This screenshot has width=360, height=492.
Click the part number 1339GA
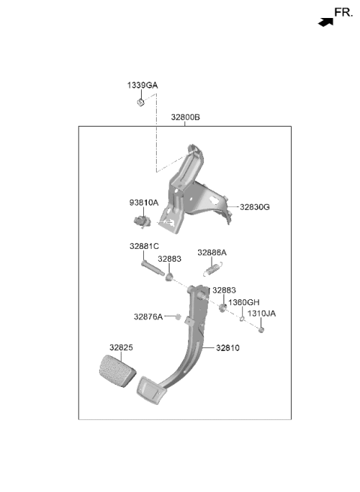[x=142, y=85]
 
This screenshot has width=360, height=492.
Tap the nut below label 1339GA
[x=141, y=102]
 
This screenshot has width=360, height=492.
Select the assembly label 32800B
[x=185, y=117]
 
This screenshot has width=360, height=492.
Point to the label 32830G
[x=254, y=207]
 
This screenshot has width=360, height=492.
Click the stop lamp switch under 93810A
[x=142, y=221]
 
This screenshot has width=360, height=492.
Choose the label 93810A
[x=144, y=202]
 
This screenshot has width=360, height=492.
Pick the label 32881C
[x=144, y=246]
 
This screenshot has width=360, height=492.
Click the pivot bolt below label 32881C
[x=152, y=268]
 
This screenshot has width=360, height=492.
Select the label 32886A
[x=211, y=253]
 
